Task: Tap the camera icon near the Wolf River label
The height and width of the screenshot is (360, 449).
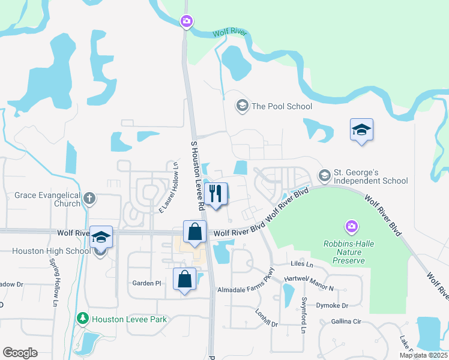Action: pyautogui.click(x=187, y=22)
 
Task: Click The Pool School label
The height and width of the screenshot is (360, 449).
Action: pyautogui.click(x=282, y=106)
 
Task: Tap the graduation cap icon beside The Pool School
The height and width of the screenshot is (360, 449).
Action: pyautogui.click(x=242, y=106)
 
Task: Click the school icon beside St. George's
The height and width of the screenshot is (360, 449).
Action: pyautogui.click(x=325, y=175)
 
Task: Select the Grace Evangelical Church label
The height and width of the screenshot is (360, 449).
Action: pyautogui.click(x=47, y=199)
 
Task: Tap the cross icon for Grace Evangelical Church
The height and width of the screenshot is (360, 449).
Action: pyautogui.click(x=89, y=198)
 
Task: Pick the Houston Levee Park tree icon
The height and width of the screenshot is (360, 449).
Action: pyautogui.click(x=83, y=319)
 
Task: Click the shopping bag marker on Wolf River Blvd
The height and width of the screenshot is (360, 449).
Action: pyautogui.click(x=195, y=232)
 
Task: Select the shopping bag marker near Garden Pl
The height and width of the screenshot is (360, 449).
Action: pyautogui.click(x=185, y=279)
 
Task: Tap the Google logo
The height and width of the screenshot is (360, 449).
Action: pyautogui.click(x=20, y=353)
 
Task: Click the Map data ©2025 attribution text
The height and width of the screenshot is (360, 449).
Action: pyautogui.click(x=424, y=355)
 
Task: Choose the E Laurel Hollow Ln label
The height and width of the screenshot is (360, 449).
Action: pyautogui.click(x=169, y=187)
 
